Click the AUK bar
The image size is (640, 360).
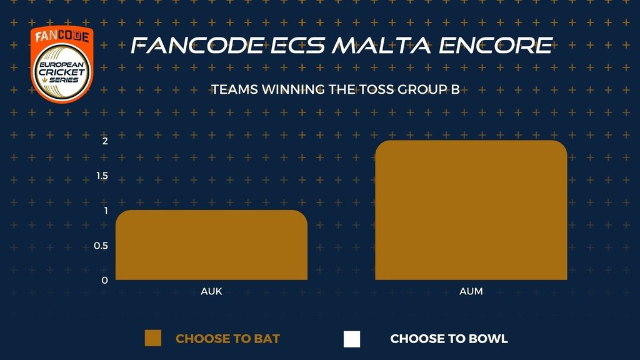(x=211, y=245)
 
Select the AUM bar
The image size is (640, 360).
(x=471, y=210)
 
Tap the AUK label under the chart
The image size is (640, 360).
(x=211, y=291)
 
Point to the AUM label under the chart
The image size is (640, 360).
(x=471, y=291)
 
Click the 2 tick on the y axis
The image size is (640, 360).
(x=105, y=141)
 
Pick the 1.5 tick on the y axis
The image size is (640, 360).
(x=102, y=176)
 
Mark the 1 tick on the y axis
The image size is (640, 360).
(x=106, y=211)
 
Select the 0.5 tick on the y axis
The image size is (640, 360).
(x=101, y=246)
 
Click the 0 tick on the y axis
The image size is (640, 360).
(x=105, y=281)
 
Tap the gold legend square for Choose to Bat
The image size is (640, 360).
(x=153, y=338)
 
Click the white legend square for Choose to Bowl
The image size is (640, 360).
(x=352, y=339)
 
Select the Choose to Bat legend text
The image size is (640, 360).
(x=227, y=339)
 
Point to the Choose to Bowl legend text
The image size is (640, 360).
(x=449, y=339)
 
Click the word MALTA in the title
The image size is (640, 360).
(x=381, y=45)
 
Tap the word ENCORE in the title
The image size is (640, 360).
(x=496, y=45)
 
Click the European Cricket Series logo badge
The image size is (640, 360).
(x=62, y=64)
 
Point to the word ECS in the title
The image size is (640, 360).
(x=297, y=45)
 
